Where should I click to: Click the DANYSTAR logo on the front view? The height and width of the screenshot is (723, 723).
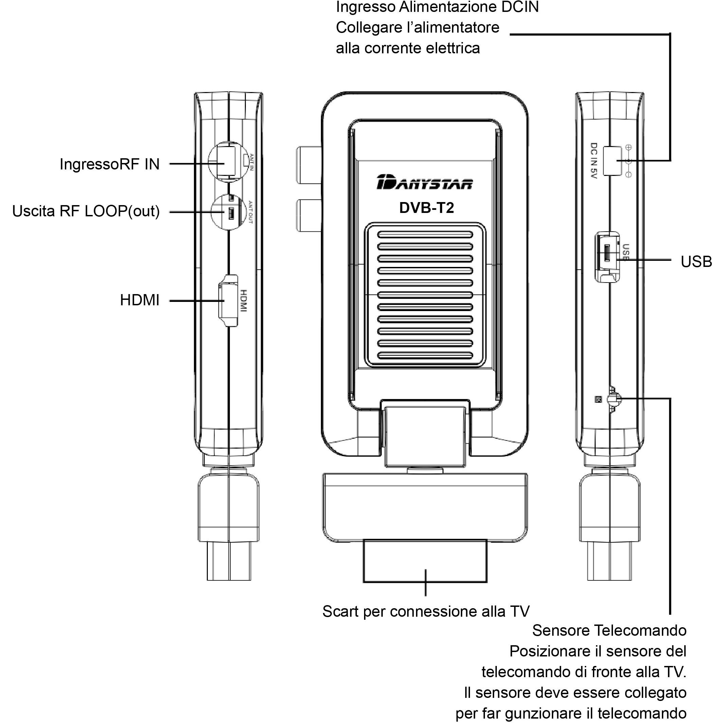coord(425,182)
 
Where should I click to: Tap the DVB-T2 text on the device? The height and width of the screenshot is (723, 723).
coord(427,208)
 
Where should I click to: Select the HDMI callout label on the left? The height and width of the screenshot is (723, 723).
coord(140,301)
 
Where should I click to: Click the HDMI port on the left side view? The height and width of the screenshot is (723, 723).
coord(228,301)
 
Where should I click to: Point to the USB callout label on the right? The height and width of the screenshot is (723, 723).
coord(696,262)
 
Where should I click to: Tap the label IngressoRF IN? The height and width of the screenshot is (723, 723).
coord(110,164)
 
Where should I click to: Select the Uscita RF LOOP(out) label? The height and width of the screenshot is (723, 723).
coord(86,212)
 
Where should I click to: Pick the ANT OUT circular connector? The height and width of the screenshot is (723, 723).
coord(229,212)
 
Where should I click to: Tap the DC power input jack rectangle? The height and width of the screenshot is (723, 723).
coord(613,161)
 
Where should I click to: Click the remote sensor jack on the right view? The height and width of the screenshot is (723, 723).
coord(614,399)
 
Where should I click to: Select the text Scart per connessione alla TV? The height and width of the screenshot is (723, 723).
coord(426,612)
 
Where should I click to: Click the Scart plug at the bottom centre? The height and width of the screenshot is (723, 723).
coord(425,561)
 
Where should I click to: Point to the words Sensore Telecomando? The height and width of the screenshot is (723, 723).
coord(609,631)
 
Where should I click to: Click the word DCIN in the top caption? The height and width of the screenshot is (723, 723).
coord(520,7)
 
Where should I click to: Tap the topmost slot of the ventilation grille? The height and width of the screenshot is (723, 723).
coord(425,235)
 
